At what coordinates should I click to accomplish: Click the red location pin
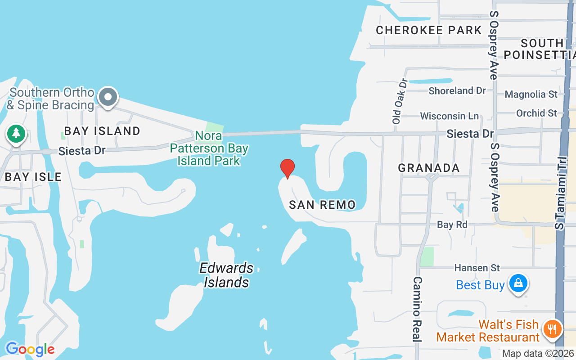pyautogui.click(x=287, y=168)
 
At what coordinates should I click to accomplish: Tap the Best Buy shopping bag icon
pyautogui.click(x=518, y=283)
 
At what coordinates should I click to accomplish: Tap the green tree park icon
pyautogui.click(x=16, y=133)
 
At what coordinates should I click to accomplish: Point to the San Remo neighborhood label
pyautogui.click(x=322, y=205)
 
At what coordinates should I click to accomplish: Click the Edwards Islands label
pyautogui.click(x=226, y=275)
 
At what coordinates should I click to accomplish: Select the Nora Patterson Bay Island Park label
pyautogui.click(x=209, y=148)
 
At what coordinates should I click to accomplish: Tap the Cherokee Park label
pyautogui.click(x=429, y=30)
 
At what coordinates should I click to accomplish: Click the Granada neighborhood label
pyautogui.click(x=429, y=168)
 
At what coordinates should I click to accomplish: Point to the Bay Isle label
pyautogui.click(x=33, y=176)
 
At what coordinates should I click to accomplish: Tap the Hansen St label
pyautogui.click(x=477, y=268)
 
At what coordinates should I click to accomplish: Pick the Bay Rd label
pyautogui.click(x=452, y=224)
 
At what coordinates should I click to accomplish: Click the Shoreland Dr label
pyautogui.click(x=457, y=90)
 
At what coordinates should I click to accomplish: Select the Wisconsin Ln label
pyautogui.click(x=449, y=116)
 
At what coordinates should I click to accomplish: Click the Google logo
pyautogui.click(x=30, y=349)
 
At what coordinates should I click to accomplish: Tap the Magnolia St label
pyautogui.click(x=531, y=94)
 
